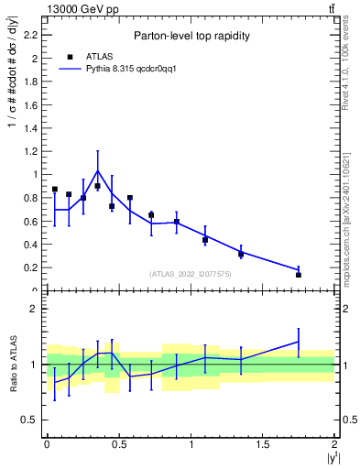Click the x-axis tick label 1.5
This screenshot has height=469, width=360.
(263, 444)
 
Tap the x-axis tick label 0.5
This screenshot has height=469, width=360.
(119, 444)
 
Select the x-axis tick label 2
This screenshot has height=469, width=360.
(334, 444)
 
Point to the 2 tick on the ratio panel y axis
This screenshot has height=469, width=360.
(37, 309)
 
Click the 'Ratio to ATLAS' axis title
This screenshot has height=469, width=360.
(13, 364)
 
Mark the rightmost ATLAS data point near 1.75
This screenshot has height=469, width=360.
(299, 275)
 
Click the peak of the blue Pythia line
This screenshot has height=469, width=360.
(97, 170)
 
